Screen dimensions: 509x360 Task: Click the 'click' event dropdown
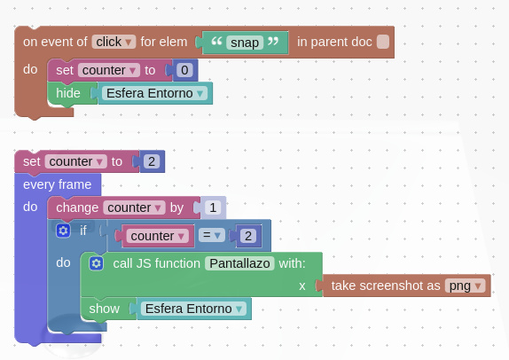coord(114,42)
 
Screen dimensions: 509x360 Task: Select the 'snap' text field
coord(245,43)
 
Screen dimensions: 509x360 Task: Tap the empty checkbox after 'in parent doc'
coord(383,42)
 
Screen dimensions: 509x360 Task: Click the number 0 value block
coord(184,70)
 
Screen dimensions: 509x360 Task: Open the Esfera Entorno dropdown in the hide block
coord(154,93)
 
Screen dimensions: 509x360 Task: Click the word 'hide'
coord(68,93)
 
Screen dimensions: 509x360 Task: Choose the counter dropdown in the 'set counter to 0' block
coord(109,70)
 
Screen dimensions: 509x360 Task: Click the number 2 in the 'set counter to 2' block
coord(152,161)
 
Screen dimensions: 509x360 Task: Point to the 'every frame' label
coord(57,184)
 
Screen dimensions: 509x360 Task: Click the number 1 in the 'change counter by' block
coord(213,207)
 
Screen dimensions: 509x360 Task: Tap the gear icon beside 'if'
coord(63,231)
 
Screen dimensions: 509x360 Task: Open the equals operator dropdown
coord(212,235)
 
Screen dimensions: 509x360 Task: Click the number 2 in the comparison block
coord(248,236)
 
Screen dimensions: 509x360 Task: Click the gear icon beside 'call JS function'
coord(96,263)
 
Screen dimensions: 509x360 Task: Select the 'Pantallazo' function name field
coord(239,263)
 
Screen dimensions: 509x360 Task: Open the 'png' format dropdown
coord(465,286)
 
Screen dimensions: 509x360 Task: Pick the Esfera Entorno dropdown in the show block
coord(193,309)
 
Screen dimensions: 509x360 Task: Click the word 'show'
coord(105,309)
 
